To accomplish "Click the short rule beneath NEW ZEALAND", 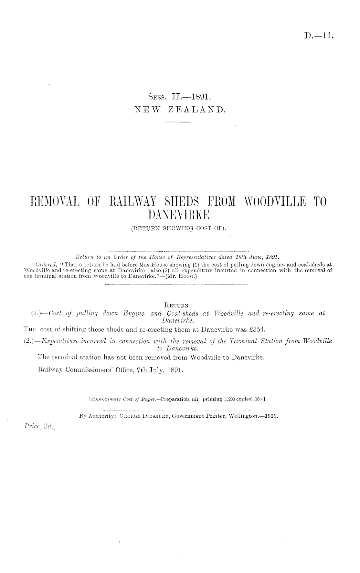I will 178,122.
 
